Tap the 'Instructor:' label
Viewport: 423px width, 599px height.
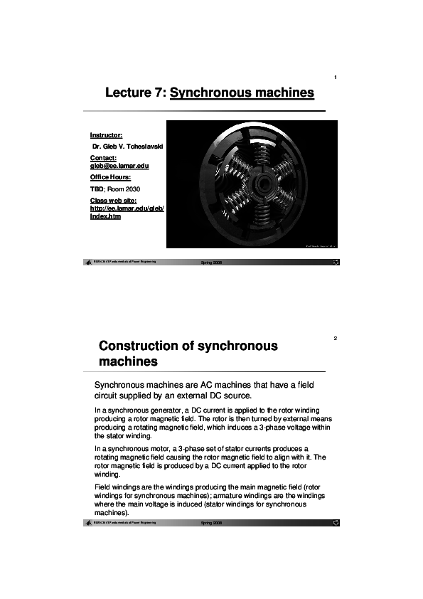(x=106, y=134)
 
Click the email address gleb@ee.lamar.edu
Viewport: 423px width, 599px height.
(x=119, y=165)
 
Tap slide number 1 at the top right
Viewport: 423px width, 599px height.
(x=335, y=78)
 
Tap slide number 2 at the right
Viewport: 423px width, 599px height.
(x=335, y=338)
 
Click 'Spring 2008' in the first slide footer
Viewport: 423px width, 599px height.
(x=212, y=263)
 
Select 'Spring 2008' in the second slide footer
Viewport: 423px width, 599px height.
(x=212, y=523)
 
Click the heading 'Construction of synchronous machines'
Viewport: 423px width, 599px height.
(x=188, y=354)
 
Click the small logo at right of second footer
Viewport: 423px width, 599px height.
(x=336, y=523)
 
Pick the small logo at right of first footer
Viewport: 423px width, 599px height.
(x=336, y=263)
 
